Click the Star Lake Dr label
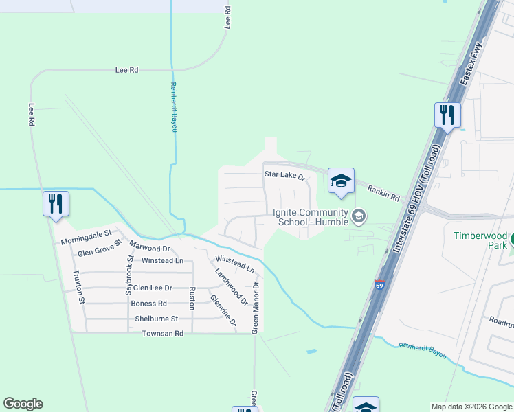[285, 175]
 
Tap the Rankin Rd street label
[383, 193]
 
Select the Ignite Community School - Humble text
[312, 217]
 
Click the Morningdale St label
[86, 241]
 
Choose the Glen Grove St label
[100, 252]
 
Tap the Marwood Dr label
[149, 248]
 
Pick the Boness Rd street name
[149, 304]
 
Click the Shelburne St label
[156, 319]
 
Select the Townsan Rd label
[163, 334]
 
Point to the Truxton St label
[78, 286]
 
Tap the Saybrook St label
[128, 273]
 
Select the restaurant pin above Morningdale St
[56, 204]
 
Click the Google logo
[23, 404]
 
